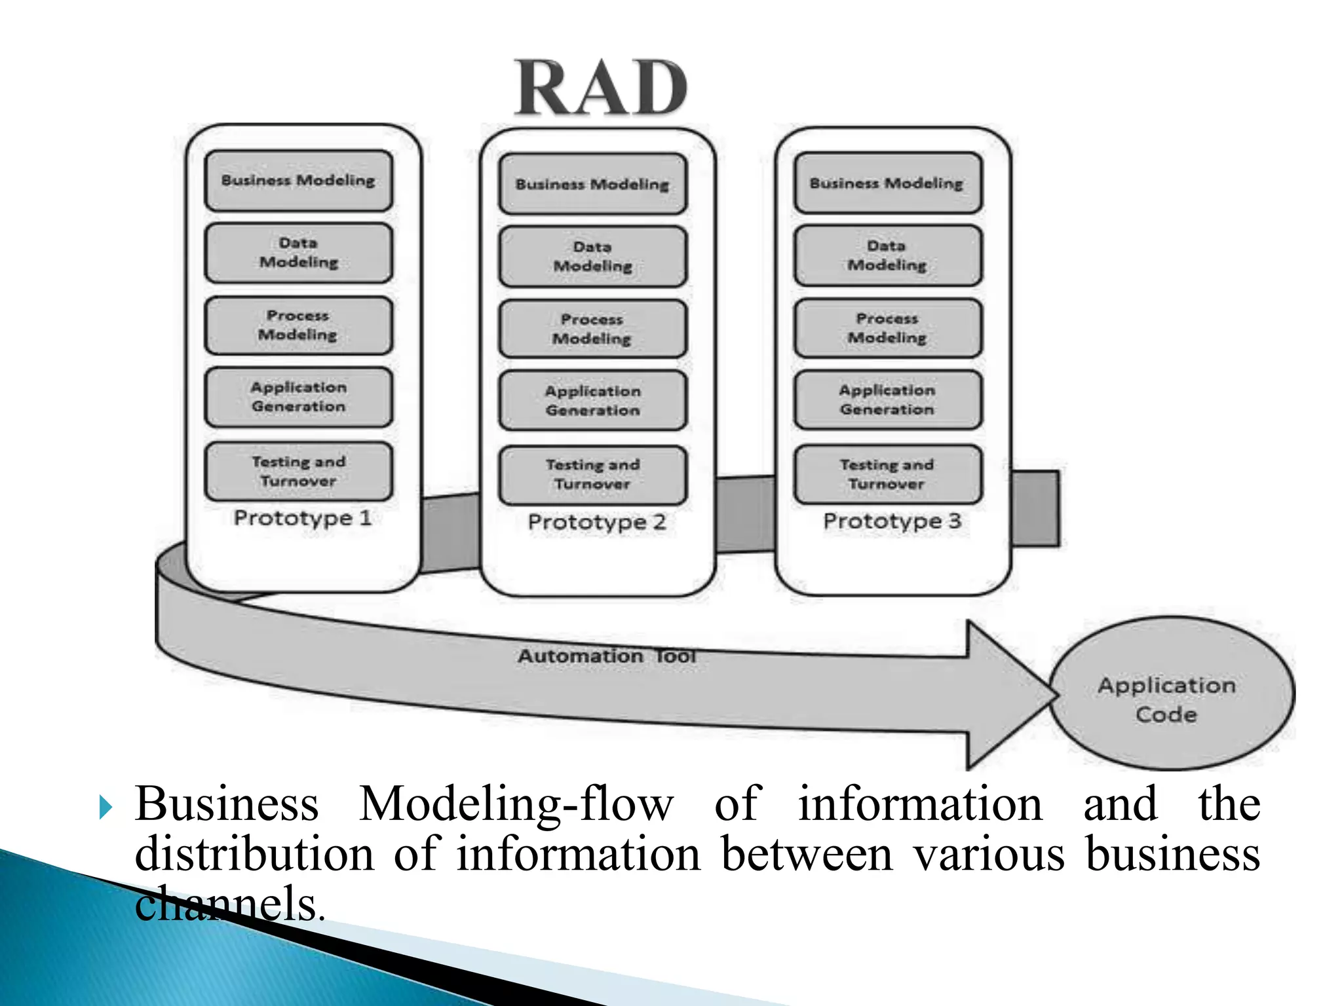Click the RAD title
click(601, 88)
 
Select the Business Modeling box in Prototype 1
click(299, 181)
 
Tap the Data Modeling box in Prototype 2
click(592, 257)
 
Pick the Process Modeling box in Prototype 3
click(887, 328)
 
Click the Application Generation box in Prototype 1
click(299, 398)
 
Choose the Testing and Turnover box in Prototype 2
click(592, 475)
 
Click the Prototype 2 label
click(597, 522)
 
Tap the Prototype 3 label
click(892, 521)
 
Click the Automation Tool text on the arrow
click(606, 656)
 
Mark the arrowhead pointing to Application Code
click(1009, 694)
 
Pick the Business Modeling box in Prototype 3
click(887, 183)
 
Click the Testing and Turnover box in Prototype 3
click(887, 475)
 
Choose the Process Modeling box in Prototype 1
click(299, 326)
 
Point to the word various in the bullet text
click(989, 854)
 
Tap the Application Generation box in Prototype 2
click(592, 401)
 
